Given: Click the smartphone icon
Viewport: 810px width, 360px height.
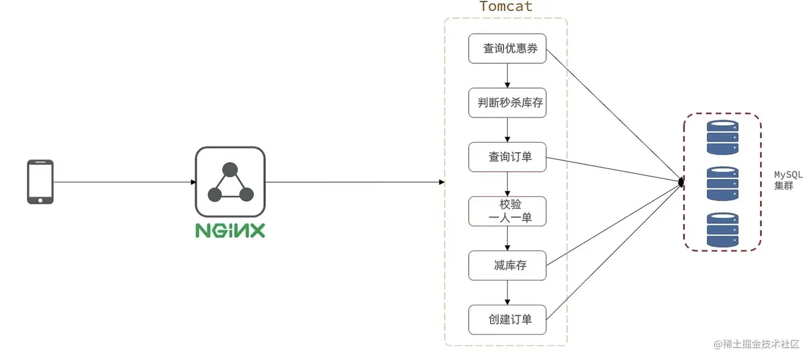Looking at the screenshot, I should click(40, 182).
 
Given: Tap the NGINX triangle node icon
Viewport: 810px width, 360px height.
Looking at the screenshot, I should click(230, 182).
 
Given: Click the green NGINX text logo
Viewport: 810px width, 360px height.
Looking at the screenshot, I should click(230, 230).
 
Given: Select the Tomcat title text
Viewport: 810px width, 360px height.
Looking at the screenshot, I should click(506, 6).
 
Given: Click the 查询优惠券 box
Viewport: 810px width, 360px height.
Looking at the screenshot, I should click(507, 49).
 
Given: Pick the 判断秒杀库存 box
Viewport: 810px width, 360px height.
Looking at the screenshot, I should click(507, 103).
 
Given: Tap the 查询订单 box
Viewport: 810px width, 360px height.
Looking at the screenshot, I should click(507, 157).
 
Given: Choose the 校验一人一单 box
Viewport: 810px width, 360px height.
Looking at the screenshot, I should click(507, 211).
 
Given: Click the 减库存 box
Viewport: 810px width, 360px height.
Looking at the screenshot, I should click(507, 265).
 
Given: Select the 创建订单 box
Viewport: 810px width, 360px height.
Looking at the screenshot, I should click(507, 319).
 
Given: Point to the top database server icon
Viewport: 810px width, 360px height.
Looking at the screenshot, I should click(722, 138).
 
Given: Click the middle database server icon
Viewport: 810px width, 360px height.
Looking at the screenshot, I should click(722, 184).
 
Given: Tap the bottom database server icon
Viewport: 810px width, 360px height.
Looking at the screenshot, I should click(722, 230).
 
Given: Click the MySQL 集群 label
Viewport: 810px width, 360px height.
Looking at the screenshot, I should click(787, 181).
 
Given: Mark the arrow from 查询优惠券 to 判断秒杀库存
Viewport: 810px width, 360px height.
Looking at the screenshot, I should click(507, 76).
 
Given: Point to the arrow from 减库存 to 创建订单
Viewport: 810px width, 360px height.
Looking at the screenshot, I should click(507, 292).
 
